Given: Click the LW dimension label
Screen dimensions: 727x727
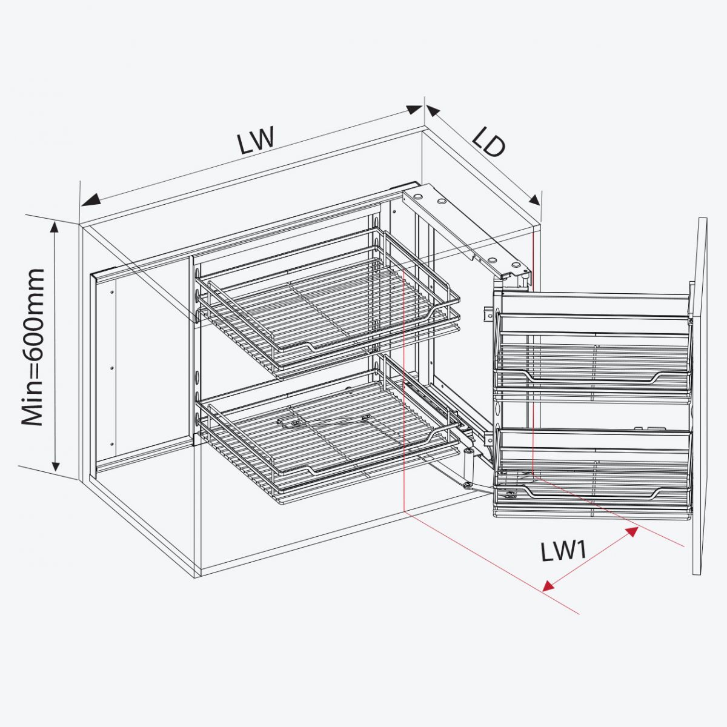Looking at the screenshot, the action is pyautogui.click(x=255, y=140).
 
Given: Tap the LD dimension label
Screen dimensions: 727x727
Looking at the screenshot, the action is pyautogui.click(x=488, y=142).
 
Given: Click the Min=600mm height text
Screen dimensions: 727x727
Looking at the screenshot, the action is pyautogui.click(x=33, y=347).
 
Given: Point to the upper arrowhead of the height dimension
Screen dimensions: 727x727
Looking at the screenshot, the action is pyautogui.click(x=55, y=228).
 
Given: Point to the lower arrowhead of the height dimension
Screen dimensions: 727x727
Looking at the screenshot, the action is pyautogui.click(x=56, y=465).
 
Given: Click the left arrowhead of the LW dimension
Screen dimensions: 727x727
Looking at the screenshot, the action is pyautogui.click(x=91, y=201).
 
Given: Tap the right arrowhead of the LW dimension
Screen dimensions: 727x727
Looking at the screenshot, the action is pyautogui.click(x=414, y=109).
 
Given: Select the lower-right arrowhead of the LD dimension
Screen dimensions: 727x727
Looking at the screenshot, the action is pyautogui.click(x=535, y=200).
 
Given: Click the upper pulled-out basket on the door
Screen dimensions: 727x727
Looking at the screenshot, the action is pyautogui.click(x=593, y=353).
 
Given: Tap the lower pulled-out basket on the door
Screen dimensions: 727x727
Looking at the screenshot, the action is pyautogui.click(x=593, y=471).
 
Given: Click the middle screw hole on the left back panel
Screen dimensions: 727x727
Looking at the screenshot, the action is pyautogui.click(x=112, y=367).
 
